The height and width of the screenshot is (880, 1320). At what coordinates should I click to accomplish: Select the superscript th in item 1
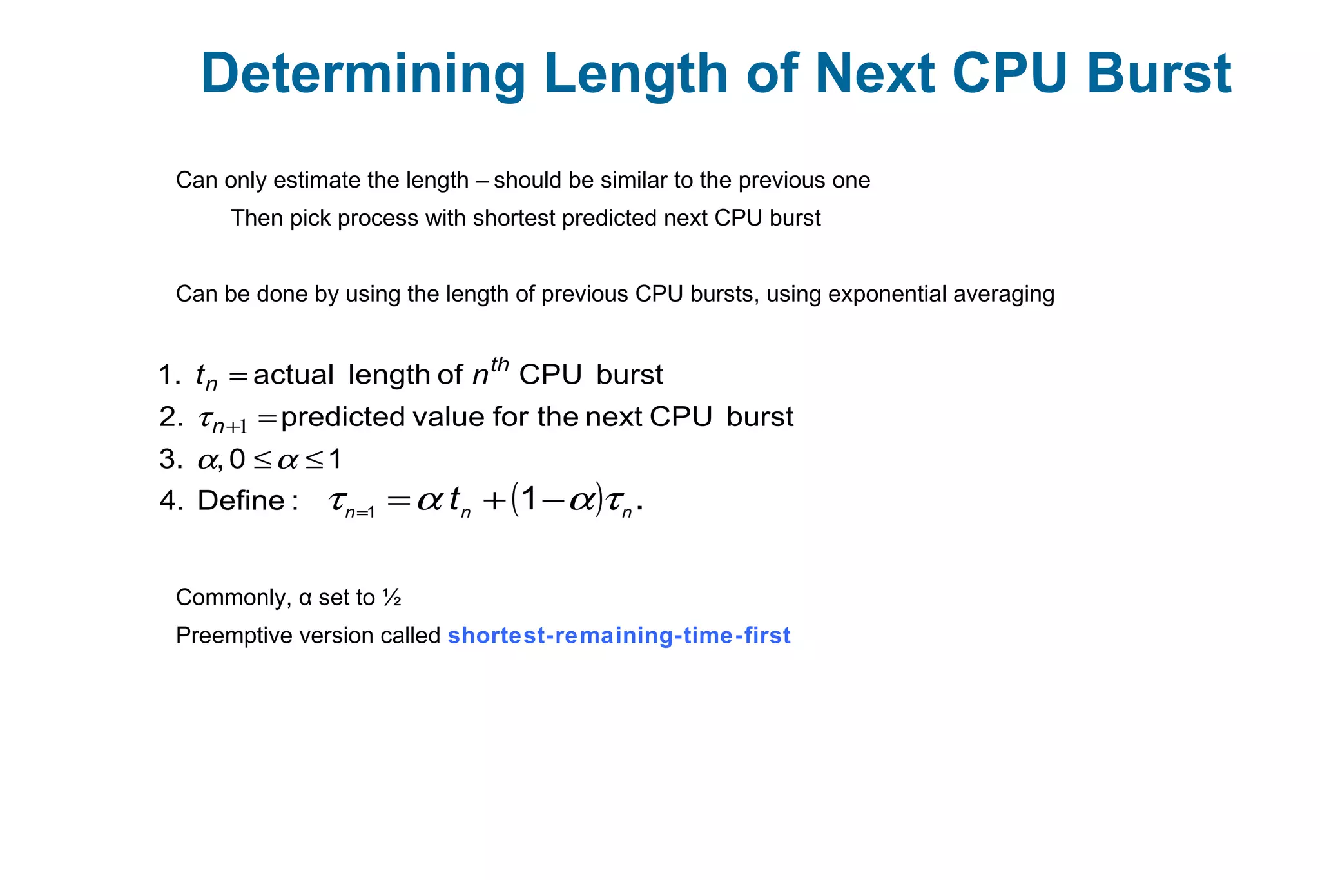point(500,365)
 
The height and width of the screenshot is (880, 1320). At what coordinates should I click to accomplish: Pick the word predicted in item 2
point(343,417)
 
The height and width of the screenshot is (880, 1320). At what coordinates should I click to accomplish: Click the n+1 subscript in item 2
point(229,426)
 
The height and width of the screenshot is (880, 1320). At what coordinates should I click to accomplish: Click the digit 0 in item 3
point(237,459)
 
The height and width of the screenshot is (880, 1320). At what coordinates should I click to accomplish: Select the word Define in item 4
point(241,500)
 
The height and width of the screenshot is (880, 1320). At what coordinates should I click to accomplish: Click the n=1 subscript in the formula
point(360,513)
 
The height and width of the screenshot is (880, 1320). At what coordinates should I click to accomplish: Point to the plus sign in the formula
point(494,501)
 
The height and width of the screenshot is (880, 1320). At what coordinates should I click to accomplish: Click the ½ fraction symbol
point(392,598)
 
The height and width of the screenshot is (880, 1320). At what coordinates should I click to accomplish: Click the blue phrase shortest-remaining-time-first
point(619,636)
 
